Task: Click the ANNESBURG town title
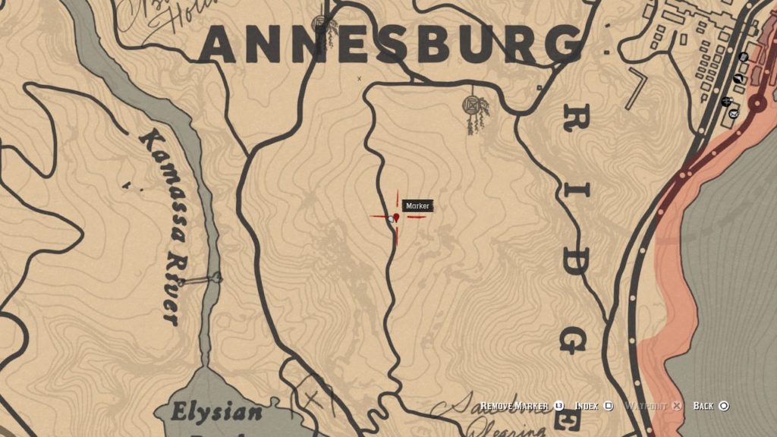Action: [391, 44]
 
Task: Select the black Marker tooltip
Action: [417, 206]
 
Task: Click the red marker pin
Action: [396, 218]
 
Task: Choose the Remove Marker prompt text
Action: [514, 407]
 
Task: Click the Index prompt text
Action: [587, 407]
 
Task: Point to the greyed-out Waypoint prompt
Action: [645, 407]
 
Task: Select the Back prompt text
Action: [703, 407]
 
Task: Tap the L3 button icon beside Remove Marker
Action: [559, 407]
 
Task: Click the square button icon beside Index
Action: [609, 407]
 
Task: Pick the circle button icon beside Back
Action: [724, 407]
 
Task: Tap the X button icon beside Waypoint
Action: [676, 407]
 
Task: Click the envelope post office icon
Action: [734, 114]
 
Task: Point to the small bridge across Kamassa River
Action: [202, 280]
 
